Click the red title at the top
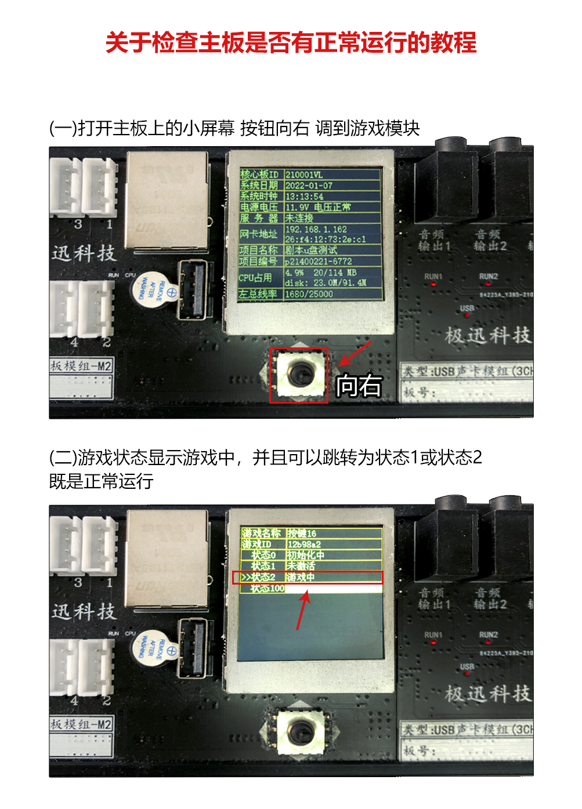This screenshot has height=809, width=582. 291,43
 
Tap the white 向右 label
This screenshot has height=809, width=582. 359,386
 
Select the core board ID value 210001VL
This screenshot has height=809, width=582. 304,175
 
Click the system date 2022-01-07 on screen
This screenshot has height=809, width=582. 309,186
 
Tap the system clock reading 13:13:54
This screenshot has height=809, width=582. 305,197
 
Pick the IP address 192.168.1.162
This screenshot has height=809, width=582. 316,229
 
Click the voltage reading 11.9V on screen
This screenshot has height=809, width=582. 297,207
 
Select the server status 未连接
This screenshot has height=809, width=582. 299,218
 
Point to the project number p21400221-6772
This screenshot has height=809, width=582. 318,262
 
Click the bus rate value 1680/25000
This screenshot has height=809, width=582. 309,294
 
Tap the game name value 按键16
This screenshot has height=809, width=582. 302,534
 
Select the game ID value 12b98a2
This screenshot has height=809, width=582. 304,545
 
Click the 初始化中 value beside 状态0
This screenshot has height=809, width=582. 306,555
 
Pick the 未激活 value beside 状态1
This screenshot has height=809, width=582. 301,566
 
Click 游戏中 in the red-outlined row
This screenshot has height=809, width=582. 301,578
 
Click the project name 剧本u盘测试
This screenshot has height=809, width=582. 311,251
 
